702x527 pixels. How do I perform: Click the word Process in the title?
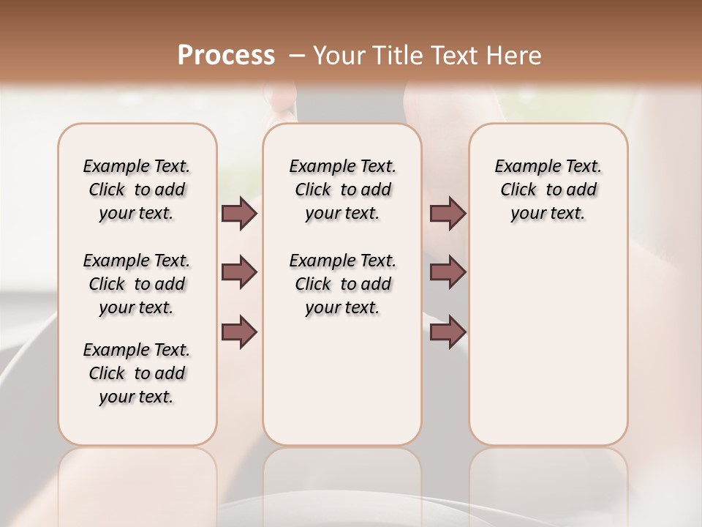point(226,56)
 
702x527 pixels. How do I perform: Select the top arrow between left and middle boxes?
point(239,213)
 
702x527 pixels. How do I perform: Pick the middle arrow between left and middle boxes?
point(239,273)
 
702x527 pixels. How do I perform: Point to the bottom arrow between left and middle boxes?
point(239,332)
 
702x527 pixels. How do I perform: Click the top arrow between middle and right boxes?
point(448,213)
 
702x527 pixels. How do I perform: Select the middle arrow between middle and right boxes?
point(448,273)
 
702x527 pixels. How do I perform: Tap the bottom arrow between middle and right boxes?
point(448,332)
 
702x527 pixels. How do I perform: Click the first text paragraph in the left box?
point(137,190)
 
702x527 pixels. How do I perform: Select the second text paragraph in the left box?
point(137,284)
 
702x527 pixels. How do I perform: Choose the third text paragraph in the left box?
point(137,373)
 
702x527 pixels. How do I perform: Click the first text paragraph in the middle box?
point(342,190)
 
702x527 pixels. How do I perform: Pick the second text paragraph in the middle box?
point(342,284)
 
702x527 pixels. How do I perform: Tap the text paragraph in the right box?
point(548,190)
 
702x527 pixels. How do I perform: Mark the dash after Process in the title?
point(297,56)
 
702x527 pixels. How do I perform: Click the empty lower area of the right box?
point(548,351)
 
